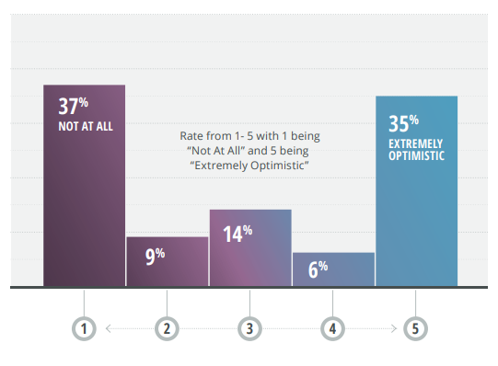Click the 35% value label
click(x=402, y=122)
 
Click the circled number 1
click(x=84, y=327)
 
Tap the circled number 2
click(x=167, y=327)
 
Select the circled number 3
click(x=249, y=327)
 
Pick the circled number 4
click(x=332, y=327)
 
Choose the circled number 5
click(x=415, y=327)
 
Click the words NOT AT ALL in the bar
click(x=85, y=126)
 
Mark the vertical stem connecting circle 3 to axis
click(x=249, y=303)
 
